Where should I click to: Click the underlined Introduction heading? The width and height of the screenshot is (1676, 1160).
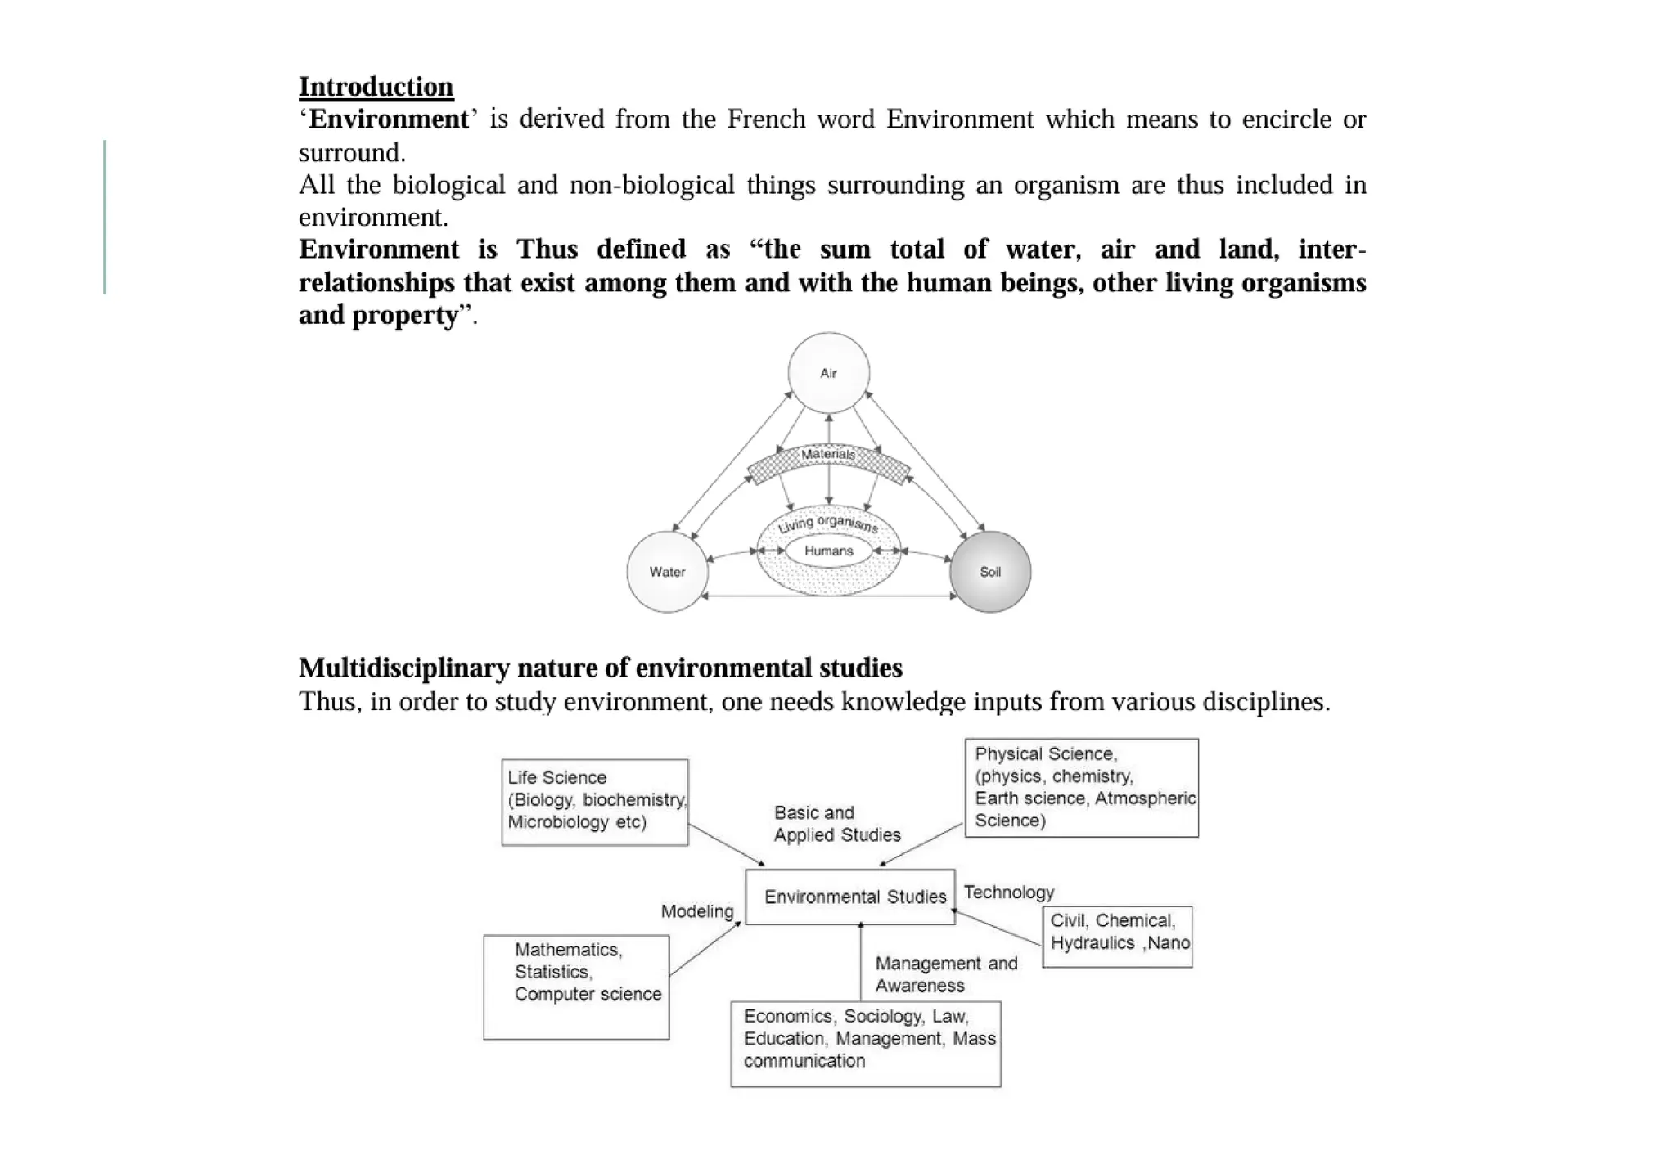point(376,87)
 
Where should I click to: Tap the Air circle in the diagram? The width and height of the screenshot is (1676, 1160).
point(828,373)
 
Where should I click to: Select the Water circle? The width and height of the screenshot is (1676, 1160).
point(667,572)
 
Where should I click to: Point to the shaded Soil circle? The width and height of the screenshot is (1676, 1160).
point(990,572)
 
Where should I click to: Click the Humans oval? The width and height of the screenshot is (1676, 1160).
point(828,551)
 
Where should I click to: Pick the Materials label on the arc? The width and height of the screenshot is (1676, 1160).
point(828,455)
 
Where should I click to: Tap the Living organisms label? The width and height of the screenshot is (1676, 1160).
point(828,524)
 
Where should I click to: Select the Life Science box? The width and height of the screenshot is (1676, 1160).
point(594,802)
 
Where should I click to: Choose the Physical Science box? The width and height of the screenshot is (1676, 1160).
point(1081,788)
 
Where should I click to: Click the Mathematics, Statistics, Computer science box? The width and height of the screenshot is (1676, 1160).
point(576,987)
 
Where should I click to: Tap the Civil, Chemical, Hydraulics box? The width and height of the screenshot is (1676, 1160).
point(1117,937)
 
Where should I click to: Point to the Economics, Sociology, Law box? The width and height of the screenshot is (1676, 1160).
point(865,1043)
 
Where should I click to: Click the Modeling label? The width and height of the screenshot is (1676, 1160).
point(697,911)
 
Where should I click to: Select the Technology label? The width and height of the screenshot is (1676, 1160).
point(1009,892)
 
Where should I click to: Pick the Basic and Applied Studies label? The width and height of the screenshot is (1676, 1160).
point(836,824)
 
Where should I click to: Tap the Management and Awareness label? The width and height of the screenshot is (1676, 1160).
point(946,974)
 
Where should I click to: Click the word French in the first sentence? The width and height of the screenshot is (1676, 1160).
point(762,119)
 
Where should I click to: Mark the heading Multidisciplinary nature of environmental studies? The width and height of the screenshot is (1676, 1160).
point(600,668)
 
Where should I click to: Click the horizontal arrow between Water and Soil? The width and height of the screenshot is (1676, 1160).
point(828,596)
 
